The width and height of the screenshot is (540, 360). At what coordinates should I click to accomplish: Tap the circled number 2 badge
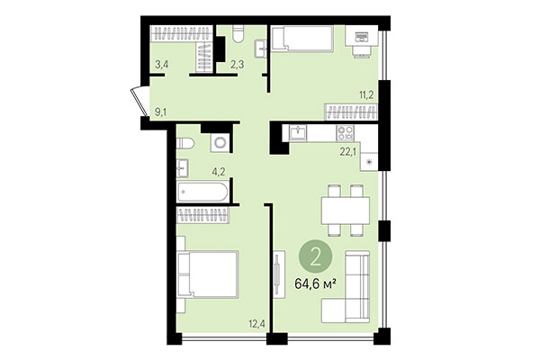(316, 256)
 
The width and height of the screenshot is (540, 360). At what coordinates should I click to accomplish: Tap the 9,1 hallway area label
(161, 112)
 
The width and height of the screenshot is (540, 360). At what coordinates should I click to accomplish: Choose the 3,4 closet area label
(162, 64)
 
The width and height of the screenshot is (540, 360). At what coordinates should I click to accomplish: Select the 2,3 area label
(238, 64)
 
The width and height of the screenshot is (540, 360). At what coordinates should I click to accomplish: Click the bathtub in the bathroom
(202, 192)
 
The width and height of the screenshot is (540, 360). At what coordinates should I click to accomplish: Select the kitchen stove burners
(346, 132)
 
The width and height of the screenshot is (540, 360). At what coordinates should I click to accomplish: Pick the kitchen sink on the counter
(300, 132)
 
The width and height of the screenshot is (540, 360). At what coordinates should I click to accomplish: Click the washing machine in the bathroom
(218, 144)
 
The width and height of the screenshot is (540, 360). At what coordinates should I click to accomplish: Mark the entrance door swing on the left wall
(138, 96)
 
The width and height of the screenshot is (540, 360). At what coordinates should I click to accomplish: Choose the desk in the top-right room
(363, 39)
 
